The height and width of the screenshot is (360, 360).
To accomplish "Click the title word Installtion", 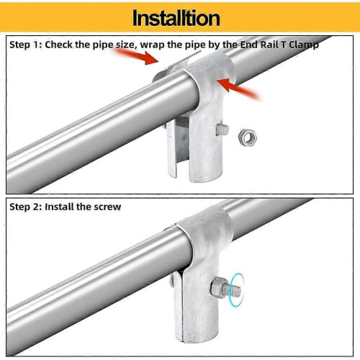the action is [x=176, y=18].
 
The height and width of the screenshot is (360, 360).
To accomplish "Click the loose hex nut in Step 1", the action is [x=248, y=137].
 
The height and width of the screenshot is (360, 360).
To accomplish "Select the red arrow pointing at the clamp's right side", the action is [x=238, y=88].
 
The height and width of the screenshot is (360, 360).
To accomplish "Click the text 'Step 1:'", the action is [x=26, y=45].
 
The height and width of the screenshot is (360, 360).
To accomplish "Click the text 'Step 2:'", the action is [x=26, y=207].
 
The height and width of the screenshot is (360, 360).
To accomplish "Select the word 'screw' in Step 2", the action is [x=107, y=207].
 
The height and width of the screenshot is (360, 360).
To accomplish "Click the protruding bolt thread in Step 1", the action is [x=222, y=130].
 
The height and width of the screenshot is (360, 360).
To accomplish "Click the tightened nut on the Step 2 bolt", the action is [x=218, y=287].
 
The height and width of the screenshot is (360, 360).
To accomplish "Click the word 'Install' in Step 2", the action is [x=59, y=207].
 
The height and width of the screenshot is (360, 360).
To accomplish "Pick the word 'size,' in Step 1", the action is [x=127, y=45].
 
